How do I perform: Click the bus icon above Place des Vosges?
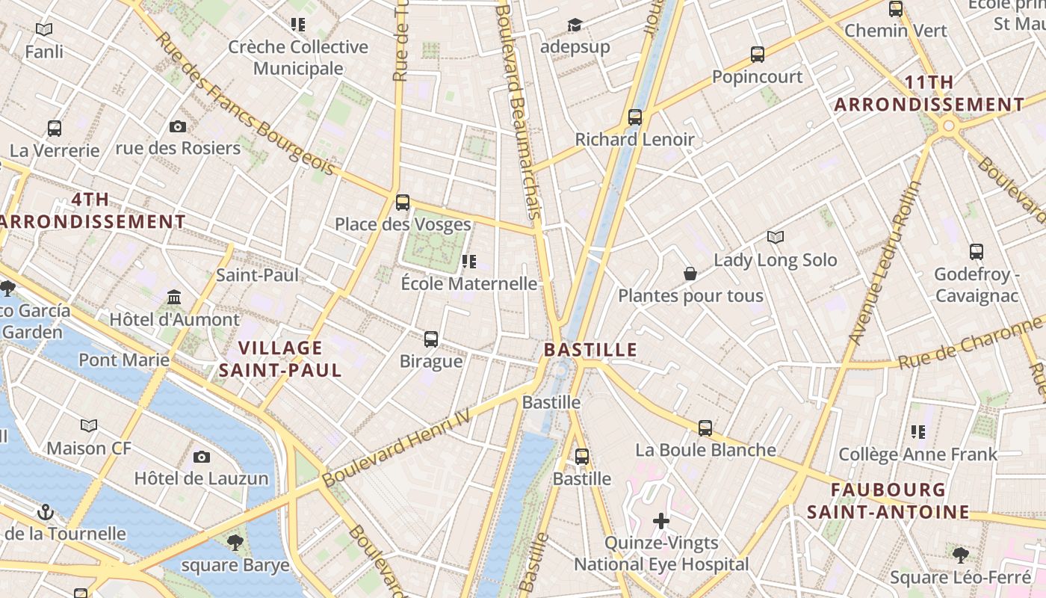coord(403,202)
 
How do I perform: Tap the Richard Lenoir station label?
coord(634,139)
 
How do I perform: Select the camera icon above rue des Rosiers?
coord(177,126)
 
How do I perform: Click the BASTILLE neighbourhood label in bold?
coord(590,349)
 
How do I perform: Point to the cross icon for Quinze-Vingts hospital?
coord(661,520)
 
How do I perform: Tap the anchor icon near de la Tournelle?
coord(46,512)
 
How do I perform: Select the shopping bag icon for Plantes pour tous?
coord(690,274)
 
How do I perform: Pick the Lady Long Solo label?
coord(775,260)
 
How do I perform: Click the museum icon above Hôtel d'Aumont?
coord(174,298)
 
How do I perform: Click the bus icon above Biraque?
coord(431,339)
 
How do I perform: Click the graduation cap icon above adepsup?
coord(574,25)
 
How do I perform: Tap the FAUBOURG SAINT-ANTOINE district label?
coord(888,501)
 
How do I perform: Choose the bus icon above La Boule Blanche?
coord(705,428)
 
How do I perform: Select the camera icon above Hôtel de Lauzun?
coord(201,457)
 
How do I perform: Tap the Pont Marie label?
coord(124,360)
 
